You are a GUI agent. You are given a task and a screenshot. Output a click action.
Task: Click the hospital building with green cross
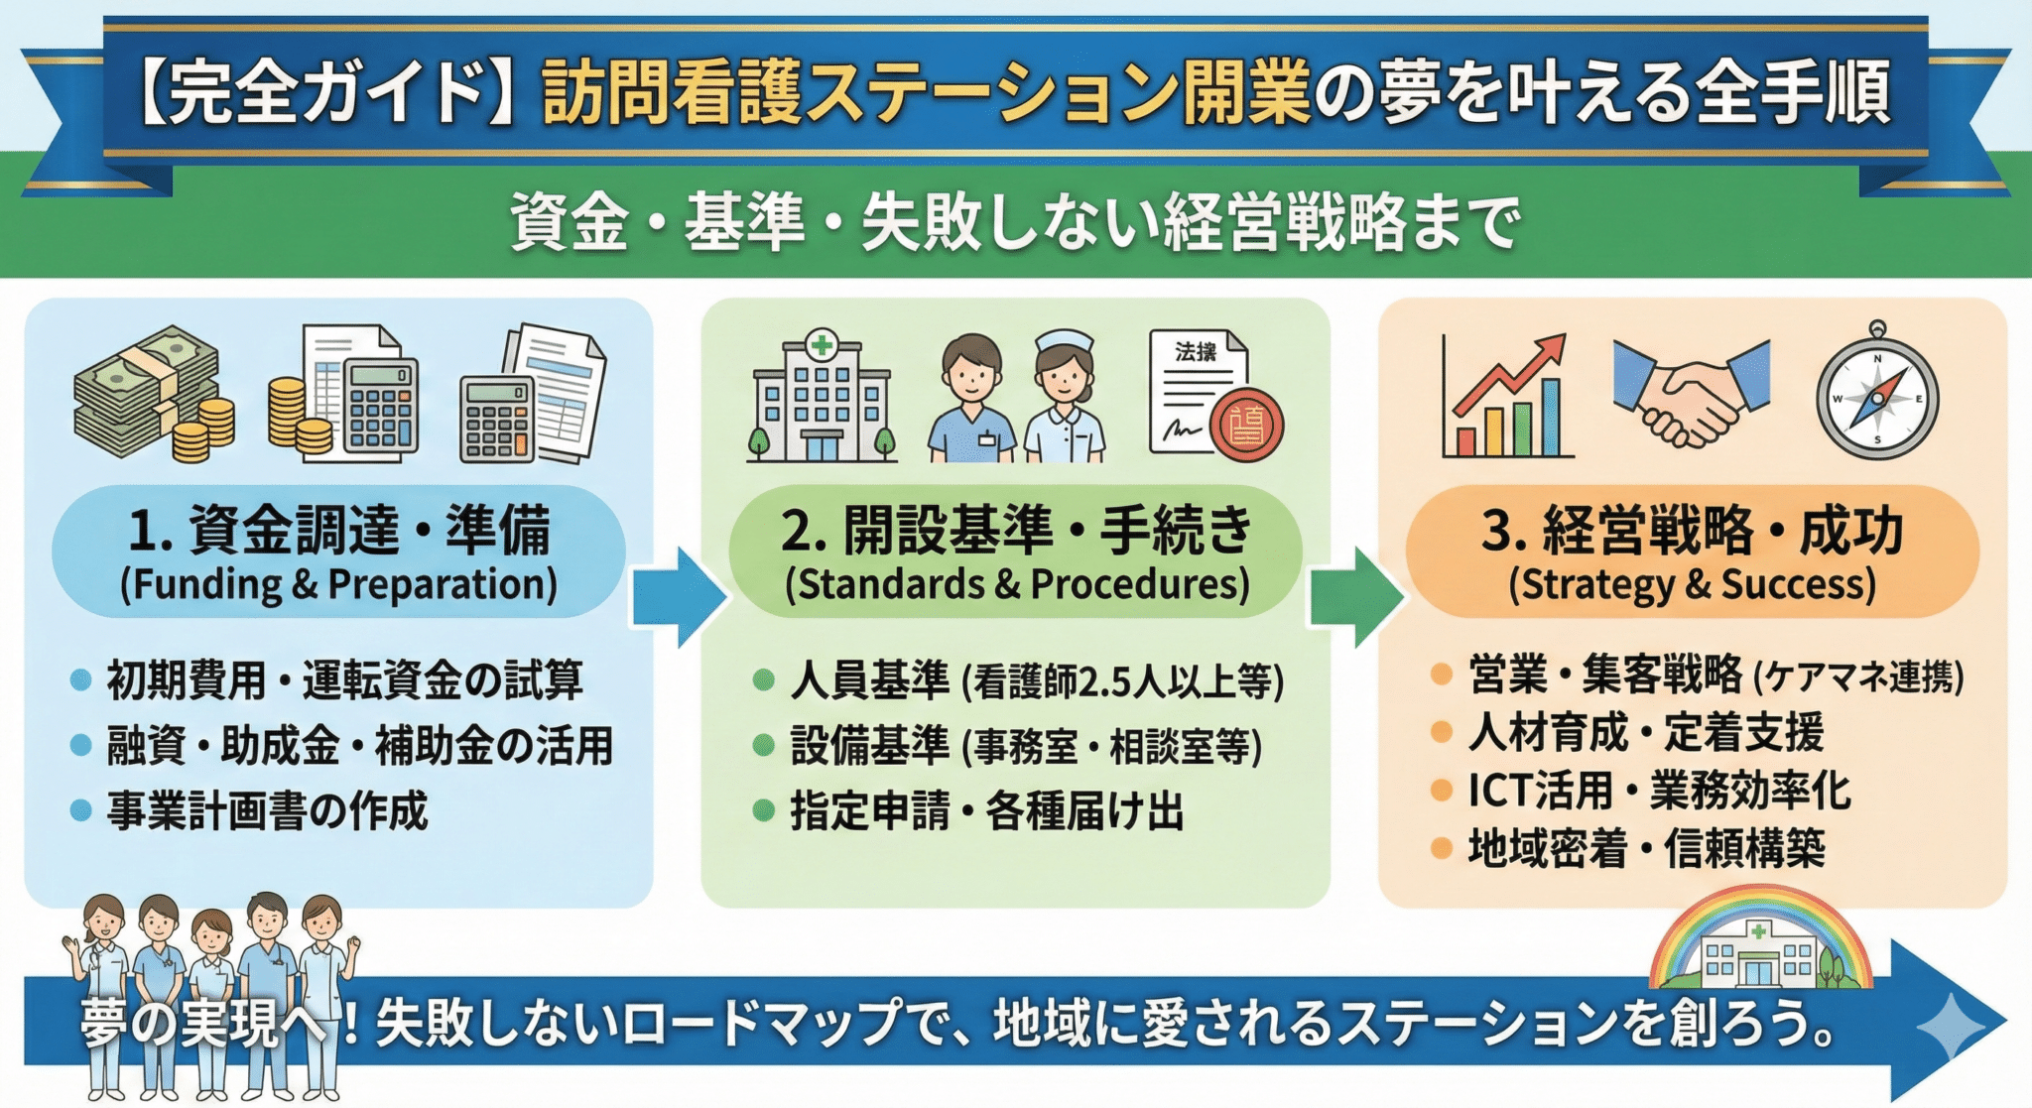822,400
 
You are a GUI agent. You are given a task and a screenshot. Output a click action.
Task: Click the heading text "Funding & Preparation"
338,584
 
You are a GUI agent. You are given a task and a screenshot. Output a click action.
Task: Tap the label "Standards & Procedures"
1017,584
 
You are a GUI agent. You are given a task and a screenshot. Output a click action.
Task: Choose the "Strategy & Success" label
1693,584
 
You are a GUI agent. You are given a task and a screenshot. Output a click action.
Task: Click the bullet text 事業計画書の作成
267,811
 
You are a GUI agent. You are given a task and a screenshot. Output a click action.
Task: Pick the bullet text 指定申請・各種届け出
987,811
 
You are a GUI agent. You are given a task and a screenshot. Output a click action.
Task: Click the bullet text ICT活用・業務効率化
1659,791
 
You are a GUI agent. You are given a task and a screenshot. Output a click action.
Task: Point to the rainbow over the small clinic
1759,918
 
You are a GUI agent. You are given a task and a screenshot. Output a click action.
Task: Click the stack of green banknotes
144,392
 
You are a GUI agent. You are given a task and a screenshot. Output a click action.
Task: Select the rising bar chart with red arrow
1506,398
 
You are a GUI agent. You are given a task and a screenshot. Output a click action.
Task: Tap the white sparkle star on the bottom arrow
1950,1025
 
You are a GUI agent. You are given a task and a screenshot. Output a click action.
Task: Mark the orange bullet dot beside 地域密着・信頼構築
1442,848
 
